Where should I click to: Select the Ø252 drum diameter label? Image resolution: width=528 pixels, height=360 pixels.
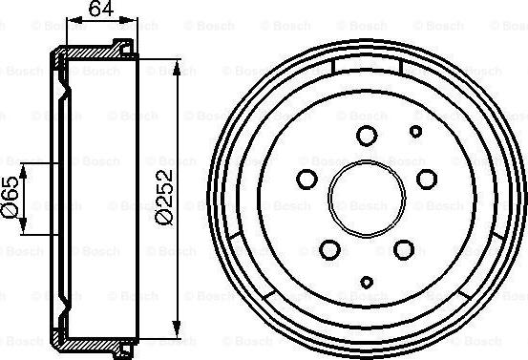point(164,198)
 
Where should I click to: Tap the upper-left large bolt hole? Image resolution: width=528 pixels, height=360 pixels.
point(307,178)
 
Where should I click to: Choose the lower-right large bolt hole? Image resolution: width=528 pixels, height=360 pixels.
point(404,249)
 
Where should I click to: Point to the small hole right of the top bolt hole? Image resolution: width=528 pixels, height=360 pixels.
point(415,131)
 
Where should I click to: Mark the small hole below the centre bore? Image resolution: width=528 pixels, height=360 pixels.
point(369,282)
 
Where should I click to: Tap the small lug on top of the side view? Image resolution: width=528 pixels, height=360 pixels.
point(121,44)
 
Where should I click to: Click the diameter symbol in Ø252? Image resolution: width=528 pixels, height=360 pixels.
point(164,219)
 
